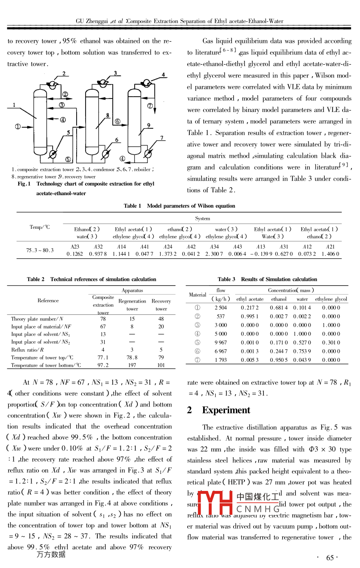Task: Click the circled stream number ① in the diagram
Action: click(18, 127)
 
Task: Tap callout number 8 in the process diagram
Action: click(107, 115)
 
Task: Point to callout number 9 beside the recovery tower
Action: click(149, 125)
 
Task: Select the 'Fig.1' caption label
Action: click(24, 184)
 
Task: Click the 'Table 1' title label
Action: click(133, 206)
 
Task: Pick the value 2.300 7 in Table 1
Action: click(214, 254)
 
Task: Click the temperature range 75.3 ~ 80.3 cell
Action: click(40, 250)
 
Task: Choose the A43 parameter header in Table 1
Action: click(238, 247)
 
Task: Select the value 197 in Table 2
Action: click(132, 365)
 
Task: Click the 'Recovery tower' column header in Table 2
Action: click(161, 305)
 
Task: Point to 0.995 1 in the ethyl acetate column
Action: click(249, 316)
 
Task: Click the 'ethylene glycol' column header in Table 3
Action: click(331, 299)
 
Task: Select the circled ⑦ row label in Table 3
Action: click(197, 360)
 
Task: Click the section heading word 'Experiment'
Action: click(226, 410)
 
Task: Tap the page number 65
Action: click(330, 558)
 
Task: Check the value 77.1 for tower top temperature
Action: click(103, 357)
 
